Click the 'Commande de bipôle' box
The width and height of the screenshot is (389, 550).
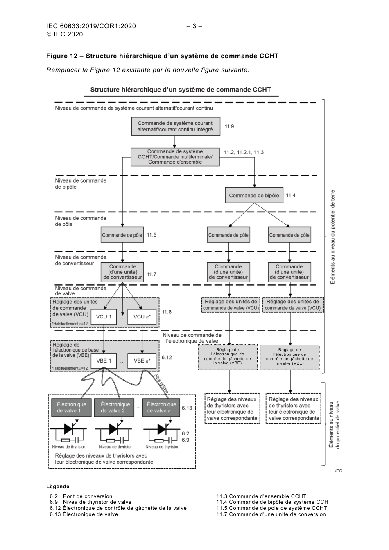(254, 195)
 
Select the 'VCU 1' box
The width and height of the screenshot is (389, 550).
(104, 317)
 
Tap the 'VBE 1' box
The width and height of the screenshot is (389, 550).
(104, 361)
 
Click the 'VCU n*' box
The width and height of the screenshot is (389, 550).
(142, 317)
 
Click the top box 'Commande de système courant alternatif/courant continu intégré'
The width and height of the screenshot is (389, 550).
(175, 126)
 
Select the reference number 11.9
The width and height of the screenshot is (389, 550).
(229, 126)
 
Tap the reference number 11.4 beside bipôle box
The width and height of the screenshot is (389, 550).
(291, 195)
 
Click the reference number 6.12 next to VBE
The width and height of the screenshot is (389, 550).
(167, 357)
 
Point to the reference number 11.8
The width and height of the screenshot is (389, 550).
(167, 312)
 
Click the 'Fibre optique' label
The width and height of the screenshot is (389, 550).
(161, 383)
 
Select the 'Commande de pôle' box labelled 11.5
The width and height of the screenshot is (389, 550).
(122, 235)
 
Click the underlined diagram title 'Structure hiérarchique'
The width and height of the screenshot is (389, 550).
(181, 90)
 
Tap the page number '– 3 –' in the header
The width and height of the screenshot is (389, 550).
(194, 26)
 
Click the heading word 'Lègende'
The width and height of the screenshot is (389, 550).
(58, 487)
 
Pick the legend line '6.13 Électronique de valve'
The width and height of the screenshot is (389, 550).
(84, 514)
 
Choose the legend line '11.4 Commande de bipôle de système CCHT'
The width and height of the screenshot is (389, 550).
(274, 502)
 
